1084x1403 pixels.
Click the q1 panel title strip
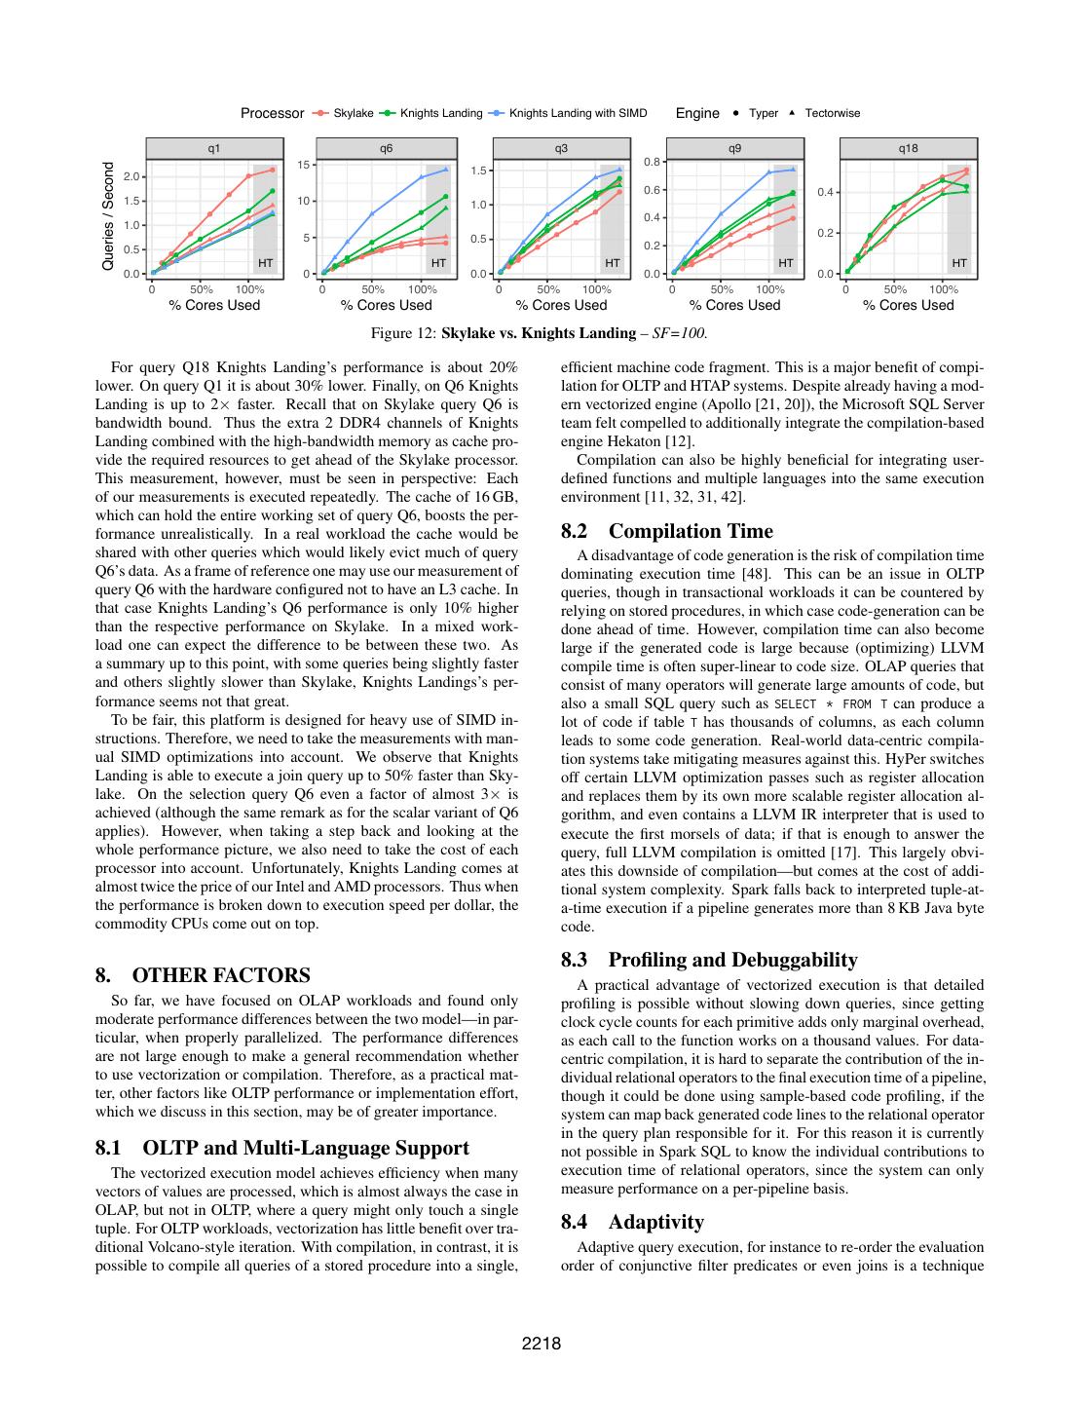(x=213, y=148)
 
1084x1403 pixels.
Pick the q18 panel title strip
(x=909, y=148)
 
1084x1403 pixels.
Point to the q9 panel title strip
(x=734, y=148)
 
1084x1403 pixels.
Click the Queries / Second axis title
(x=108, y=216)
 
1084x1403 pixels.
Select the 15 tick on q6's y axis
(x=304, y=165)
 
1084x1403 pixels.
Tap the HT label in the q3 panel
(x=613, y=263)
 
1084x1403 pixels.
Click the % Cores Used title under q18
(x=909, y=305)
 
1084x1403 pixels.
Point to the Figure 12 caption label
(x=403, y=333)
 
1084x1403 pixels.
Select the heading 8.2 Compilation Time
(x=667, y=531)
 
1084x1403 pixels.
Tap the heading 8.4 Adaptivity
(x=632, y=1222)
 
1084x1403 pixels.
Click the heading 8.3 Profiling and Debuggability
(x=709, y=960)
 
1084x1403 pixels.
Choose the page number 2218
(x=542, y=1345)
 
